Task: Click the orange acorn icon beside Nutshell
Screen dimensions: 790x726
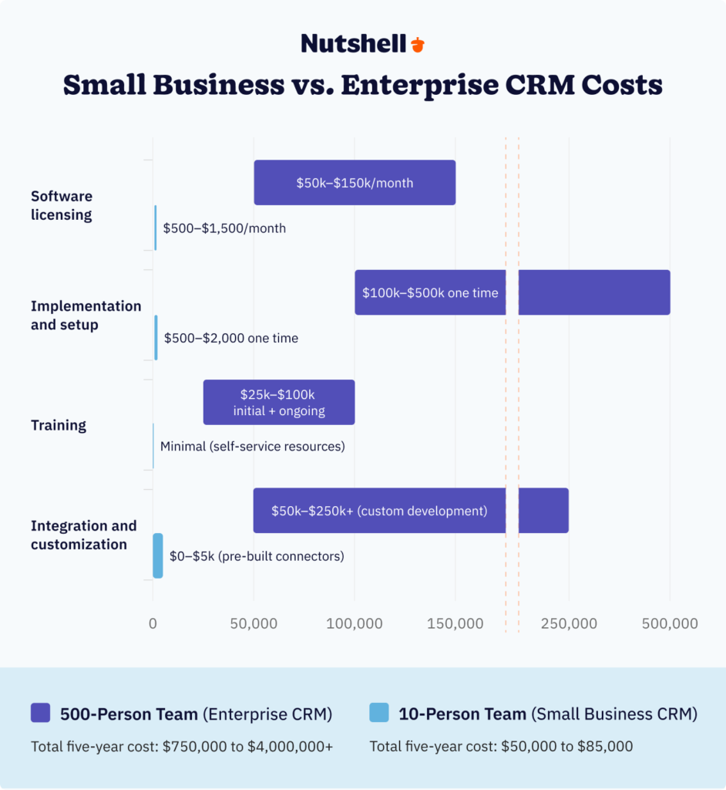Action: pos(417,44)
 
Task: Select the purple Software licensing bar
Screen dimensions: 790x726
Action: pos(355,183)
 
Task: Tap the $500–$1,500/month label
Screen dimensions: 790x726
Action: pos(224,228)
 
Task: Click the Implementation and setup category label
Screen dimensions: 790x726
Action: pos(86,316)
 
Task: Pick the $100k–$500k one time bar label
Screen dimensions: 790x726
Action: pos(430,293)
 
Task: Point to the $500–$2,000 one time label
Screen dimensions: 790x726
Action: pos(231,338)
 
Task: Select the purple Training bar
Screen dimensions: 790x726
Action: pos(279,402)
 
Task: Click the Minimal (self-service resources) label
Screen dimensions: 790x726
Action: pos(252,447)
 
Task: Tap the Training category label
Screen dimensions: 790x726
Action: pos(59,425)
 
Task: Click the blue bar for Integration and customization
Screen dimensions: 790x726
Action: pos(158,555)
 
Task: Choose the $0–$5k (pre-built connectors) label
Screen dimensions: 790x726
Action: pos(257,556)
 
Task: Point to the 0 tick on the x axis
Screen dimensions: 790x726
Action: pos(153,623)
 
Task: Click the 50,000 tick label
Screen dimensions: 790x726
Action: pos(254,623)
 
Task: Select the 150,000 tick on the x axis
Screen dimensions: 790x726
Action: pos(455,623)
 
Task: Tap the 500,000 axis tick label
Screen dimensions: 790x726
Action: pos(670,623)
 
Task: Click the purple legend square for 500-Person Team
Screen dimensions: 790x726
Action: pos(40,713)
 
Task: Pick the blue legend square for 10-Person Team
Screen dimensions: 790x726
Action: pos(379,713)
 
